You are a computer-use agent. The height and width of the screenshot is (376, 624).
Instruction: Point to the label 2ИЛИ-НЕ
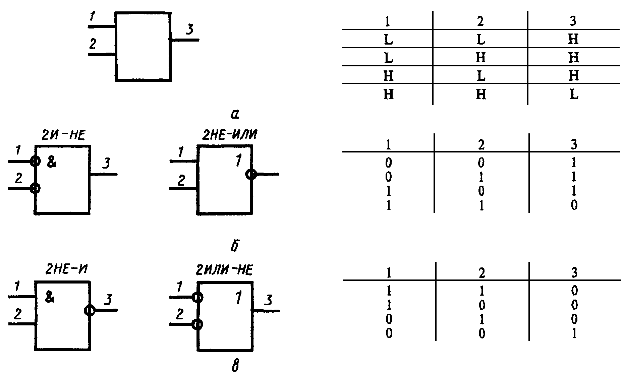pos(224,270)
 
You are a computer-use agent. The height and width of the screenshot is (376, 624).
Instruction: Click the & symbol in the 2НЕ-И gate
pos(49,298)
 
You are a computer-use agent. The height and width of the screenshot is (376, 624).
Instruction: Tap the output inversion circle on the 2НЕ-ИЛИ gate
pos(251,174)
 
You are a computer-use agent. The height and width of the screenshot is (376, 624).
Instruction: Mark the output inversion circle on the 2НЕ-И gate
pos(90,310)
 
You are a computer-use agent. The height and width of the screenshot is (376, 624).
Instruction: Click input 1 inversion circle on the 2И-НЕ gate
pos(35,161)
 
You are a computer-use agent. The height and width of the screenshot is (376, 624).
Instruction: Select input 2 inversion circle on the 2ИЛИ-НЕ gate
pos(198,324)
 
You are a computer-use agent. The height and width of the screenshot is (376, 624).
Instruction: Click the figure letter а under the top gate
pos(235,115)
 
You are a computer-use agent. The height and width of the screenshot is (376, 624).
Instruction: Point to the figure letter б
pos(235,246)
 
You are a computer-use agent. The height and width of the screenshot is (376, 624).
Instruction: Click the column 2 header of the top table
pos(480,21)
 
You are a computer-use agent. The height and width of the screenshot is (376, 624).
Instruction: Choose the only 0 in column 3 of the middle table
pos(574,205)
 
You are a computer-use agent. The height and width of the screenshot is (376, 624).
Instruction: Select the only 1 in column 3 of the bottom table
pos(574,333)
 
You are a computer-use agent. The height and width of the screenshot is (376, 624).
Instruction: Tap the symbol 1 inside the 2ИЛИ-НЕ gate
pos(238,298)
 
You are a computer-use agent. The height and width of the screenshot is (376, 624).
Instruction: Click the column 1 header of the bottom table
pos(388,273)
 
